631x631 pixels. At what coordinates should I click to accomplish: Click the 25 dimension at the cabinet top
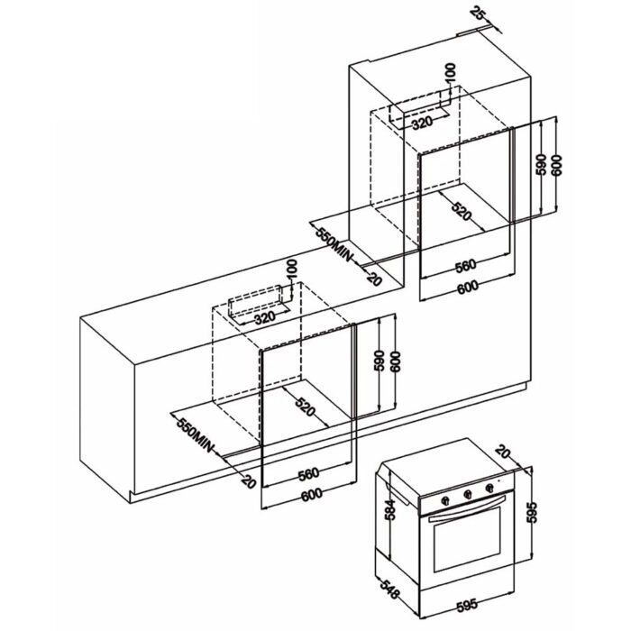[x=479, y=14]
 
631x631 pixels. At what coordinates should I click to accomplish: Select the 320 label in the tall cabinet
[x=425, y=123]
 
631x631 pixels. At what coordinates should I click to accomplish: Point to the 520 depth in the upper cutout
[x=461, y=214]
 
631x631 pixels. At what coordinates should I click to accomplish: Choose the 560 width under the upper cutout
[x=466, y=267]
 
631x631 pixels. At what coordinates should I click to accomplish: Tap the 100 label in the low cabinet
[x=291, y=270]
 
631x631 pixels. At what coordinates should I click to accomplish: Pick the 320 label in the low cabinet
[x=264, y=317]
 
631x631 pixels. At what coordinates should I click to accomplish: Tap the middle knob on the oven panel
[x=468, y=493]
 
